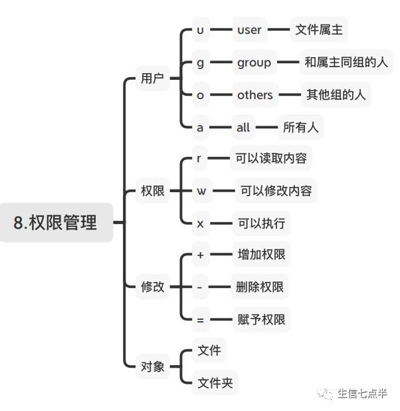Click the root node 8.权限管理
[56, 222]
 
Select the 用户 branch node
[152, 78]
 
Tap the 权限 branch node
[152, 192]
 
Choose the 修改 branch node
[152, 287]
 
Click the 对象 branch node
[152, 366]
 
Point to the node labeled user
[249, 30]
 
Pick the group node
[254, 63]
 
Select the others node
[254, 95]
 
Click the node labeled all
[243, 127]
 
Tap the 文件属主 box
[319, 30]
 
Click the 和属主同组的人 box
[346, 63]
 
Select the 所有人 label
[300, 127]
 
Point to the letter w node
[201, 192]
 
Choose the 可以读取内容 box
[269, 159]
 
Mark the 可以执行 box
[261, 223]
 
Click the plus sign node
[201, 255]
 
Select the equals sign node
[201, 320]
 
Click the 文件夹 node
[215, 382]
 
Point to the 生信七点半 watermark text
[361, 393]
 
